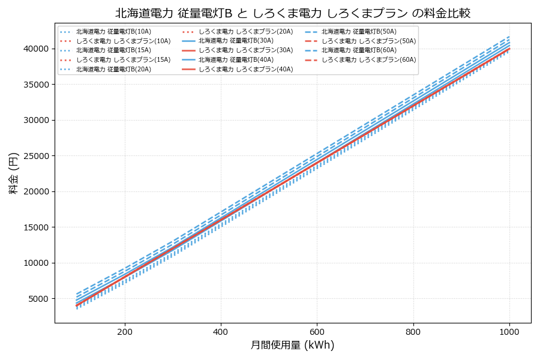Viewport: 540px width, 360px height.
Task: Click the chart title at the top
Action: (x=293, y=13)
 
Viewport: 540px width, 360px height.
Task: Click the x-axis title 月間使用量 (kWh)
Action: (x=292, y=345)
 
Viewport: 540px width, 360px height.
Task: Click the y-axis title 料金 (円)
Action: (x=13, y=173)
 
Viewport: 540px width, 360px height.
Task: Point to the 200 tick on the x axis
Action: (x=125, y=331)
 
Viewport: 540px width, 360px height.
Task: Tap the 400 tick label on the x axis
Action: (x=221, y=331)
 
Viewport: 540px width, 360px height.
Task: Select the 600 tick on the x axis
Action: (x=317, y=331)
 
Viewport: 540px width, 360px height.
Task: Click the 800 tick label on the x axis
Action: (x=413, y=331)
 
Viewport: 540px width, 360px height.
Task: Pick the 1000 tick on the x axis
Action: (x=509, y=331)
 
